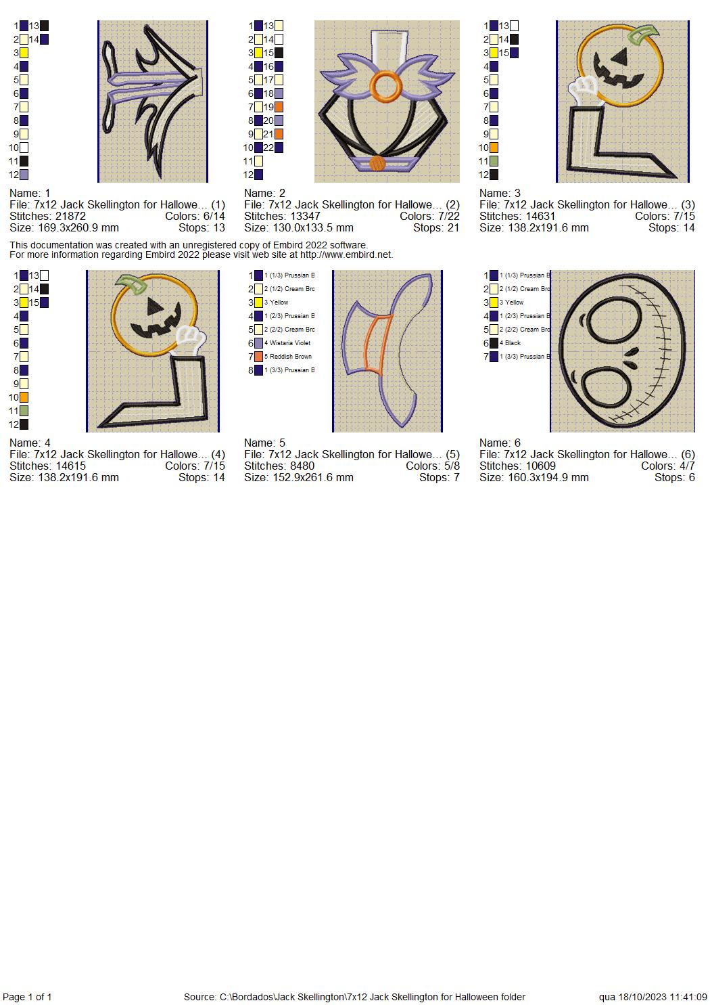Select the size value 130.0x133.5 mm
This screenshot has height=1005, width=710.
pos(298,228)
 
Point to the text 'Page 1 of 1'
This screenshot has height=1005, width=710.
pos(27,997)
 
